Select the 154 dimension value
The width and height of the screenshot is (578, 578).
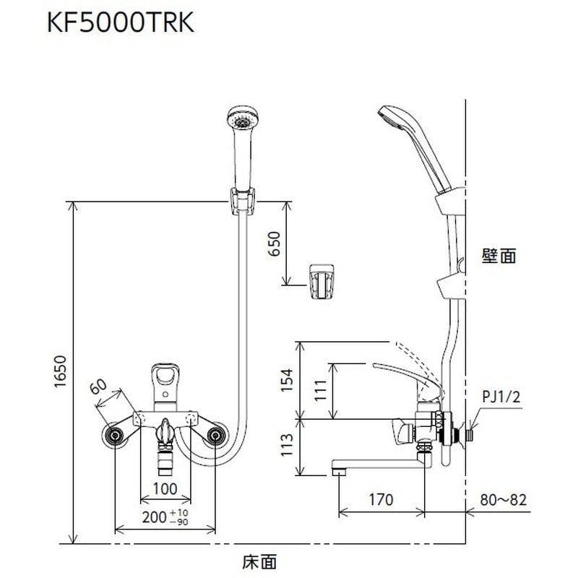pyautogui.click(x=288, y=377)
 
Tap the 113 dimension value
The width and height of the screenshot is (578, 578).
pyautogui.click(x=288, y=447)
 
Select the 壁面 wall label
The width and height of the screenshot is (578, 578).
pyautogui.click(x=499, y=255)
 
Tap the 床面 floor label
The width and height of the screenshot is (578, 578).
pyautogui.click(x=259, y=559)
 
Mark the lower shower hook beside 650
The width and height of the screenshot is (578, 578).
pyautogui.click(x=322, y=280)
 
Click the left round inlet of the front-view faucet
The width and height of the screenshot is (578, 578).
pyautogui.click(x=113, y=436)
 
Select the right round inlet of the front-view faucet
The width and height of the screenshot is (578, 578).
pyautogui.click(x=215, y=436)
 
